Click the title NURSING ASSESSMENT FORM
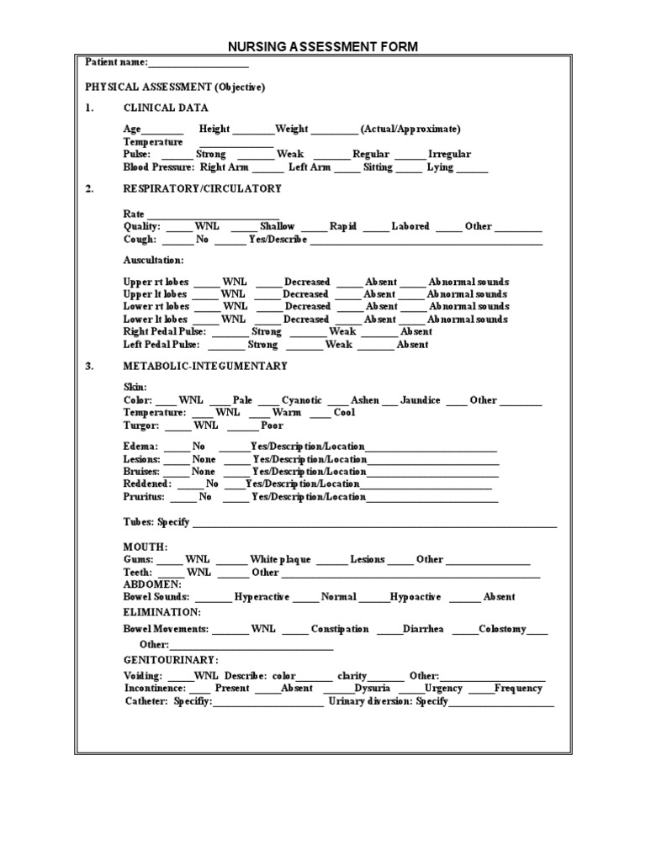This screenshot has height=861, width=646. point(324,47)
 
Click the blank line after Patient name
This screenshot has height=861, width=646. point(199,63)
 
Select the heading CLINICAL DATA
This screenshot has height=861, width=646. point(166,108)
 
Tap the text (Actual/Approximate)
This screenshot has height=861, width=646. point(410,129)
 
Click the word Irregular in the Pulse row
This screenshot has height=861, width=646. point(449,155)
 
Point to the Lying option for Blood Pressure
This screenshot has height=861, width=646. point(440,167)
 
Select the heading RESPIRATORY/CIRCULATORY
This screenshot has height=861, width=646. point(202,189)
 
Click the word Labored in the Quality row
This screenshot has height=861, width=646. point(410,227)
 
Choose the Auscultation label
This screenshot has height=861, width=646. point(153,261)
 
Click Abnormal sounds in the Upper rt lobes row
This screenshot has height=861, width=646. point(468,282)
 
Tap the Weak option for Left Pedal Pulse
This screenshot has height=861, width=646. point(339,345)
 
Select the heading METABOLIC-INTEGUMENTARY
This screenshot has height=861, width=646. point(205,367)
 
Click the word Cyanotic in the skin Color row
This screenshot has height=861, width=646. point(302,401)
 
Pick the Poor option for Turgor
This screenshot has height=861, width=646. point(273,425)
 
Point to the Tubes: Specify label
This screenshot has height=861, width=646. point(156,523)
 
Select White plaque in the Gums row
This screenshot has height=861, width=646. point(280,560)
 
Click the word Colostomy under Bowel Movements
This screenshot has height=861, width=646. point(502,629)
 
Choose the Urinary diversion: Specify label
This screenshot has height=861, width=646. point(389,701)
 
